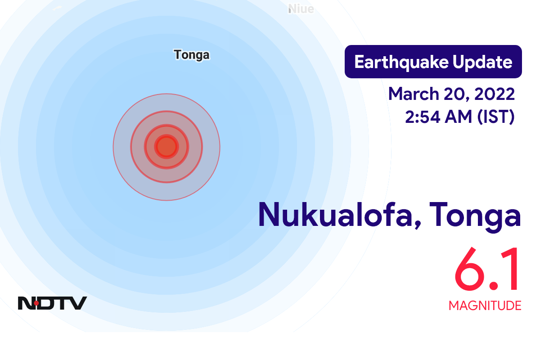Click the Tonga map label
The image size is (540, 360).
(192, 55)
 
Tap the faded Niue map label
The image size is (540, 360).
(301, 9)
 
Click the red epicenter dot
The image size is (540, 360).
(166, 147)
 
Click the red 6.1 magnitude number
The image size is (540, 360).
(487, 270)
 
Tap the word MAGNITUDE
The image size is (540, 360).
(485, 306)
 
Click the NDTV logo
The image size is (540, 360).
(52, 303)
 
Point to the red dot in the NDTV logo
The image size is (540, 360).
(36, 303)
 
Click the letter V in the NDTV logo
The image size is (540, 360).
(78, 303)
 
